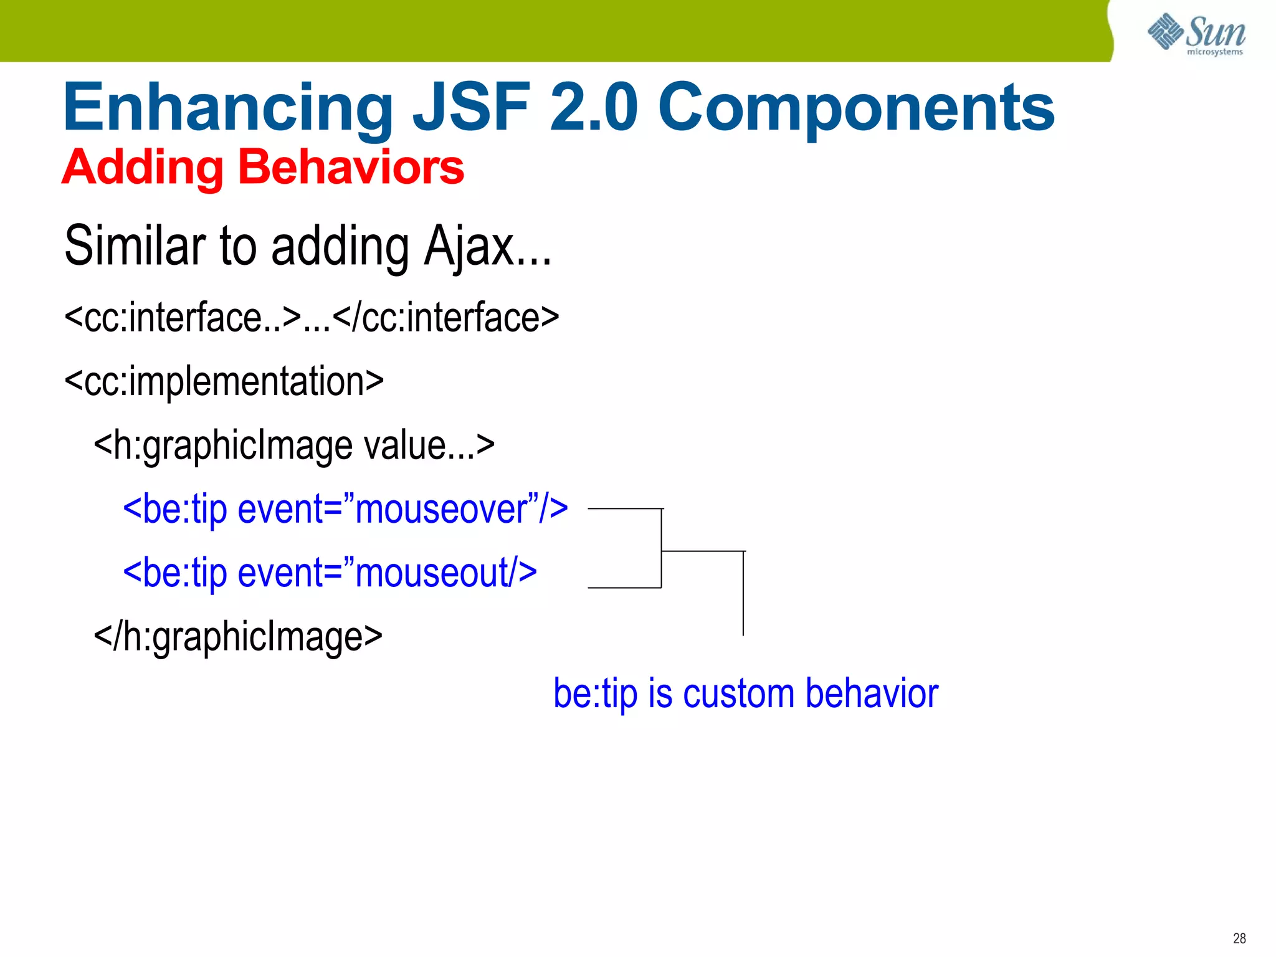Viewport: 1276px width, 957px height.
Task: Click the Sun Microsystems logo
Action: point(1196,34)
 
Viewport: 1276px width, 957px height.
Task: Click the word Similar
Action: point(135,245)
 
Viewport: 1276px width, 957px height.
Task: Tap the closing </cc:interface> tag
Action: point(446,318)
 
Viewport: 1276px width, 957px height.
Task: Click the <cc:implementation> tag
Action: point(224,382)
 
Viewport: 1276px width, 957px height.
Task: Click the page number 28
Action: point(1239,938)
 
